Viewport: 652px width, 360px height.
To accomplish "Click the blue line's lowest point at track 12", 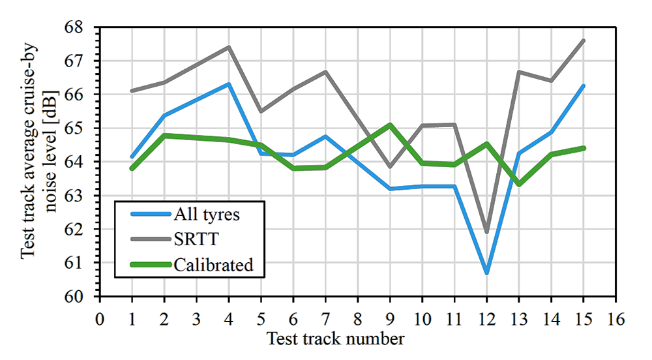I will pos(487,272).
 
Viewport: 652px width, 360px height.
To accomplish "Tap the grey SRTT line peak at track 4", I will pos(229,46).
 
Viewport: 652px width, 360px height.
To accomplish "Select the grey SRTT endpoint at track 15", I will pos(584,40).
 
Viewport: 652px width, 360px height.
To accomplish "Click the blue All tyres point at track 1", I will pos(132,158).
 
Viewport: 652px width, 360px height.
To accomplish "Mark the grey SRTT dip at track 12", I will pos(487,231).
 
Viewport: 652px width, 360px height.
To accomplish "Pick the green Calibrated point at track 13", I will pos(519,184).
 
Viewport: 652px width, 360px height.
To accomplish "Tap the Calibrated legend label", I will pos(213,265).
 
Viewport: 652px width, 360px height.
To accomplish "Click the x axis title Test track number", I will pos(336,338).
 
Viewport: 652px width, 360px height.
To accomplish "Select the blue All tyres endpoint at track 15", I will pos(584,85).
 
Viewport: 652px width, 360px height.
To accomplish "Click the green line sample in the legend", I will pos(144,265).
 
